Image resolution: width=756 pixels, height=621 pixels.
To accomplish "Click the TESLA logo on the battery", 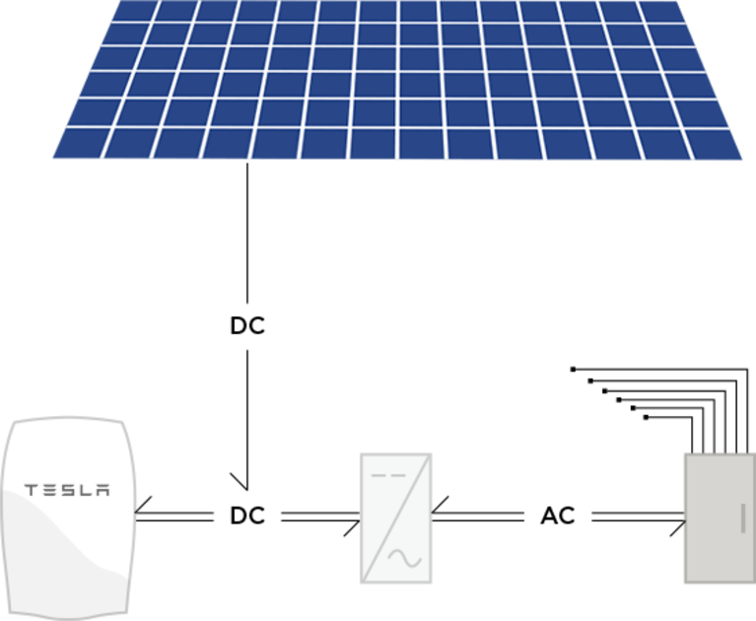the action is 67,490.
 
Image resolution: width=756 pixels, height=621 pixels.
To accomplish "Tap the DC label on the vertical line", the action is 247,326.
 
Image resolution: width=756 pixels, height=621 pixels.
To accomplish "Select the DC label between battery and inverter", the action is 247,516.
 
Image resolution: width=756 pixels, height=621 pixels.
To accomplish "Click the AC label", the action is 558,516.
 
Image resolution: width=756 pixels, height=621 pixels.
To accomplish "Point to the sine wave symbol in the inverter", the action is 405,558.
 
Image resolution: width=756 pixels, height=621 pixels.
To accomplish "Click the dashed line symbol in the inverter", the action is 388,475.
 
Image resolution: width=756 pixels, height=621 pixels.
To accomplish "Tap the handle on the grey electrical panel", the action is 742,518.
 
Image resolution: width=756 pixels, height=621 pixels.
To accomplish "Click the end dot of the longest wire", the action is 573,370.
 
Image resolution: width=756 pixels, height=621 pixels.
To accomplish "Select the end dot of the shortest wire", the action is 646,417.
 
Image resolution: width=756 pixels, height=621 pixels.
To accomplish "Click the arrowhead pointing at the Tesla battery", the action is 143,507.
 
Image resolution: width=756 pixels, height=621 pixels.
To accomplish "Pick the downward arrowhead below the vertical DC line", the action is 240,482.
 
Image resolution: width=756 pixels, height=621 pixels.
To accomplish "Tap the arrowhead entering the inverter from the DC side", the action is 352,527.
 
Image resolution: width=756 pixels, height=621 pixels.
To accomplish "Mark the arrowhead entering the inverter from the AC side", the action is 440,506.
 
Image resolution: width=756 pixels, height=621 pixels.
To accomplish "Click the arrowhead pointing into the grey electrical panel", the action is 678,527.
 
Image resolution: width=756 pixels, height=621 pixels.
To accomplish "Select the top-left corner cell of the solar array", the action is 135,11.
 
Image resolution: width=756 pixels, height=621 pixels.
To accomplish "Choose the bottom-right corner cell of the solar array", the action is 716,145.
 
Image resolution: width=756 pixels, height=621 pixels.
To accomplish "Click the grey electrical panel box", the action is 721,518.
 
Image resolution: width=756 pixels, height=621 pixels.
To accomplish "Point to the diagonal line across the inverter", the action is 396,518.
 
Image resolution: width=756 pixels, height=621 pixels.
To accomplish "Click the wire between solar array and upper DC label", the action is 247,233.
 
